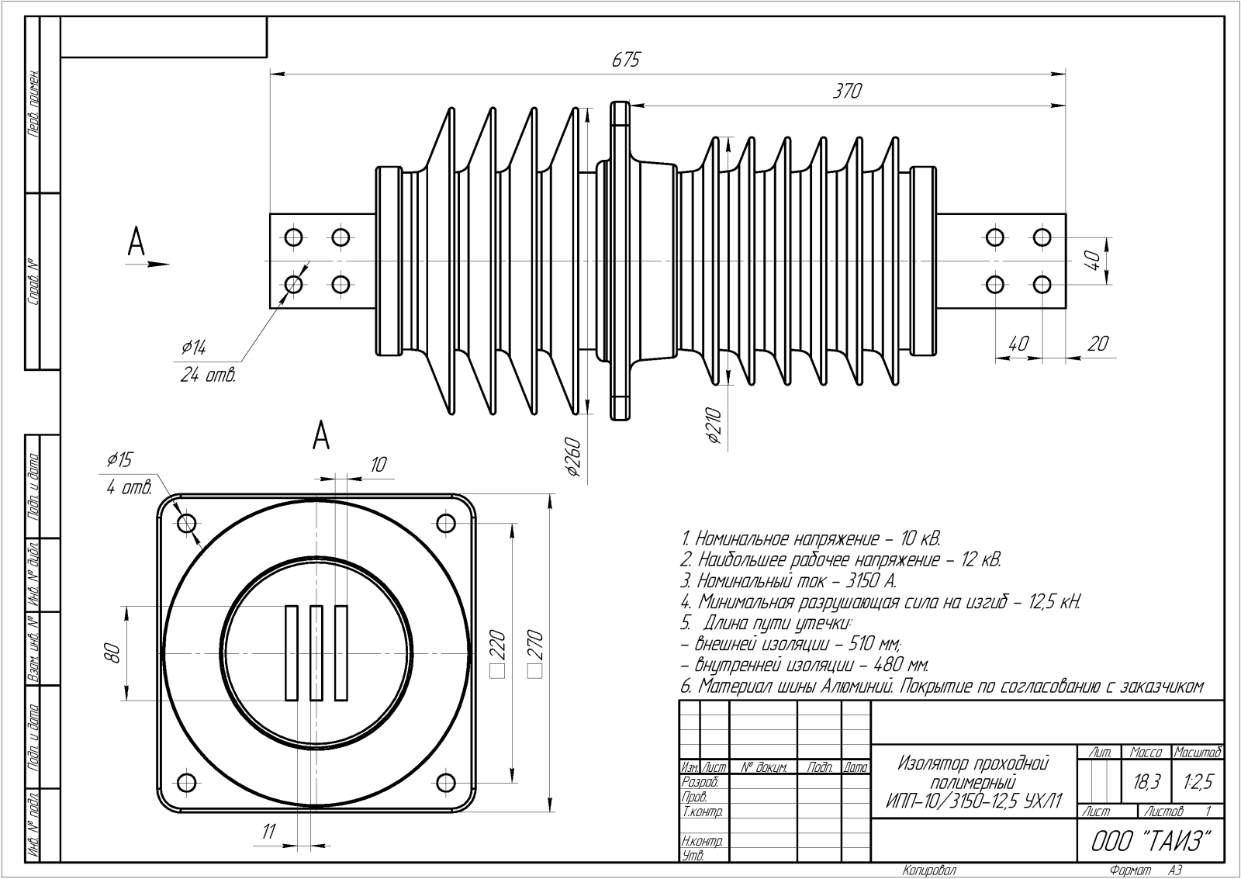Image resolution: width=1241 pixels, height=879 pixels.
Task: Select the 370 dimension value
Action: click(x=847, y=91)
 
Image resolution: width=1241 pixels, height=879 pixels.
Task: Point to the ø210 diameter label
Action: click(x=715, y=425)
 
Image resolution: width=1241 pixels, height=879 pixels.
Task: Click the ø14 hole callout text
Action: click(x=194, y=348)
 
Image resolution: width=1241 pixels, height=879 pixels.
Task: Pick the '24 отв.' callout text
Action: click(x=207, y=375)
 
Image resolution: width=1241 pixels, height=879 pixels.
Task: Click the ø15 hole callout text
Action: click(x=119, y=460)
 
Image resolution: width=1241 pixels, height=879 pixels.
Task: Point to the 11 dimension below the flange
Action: click(x=268, y=832)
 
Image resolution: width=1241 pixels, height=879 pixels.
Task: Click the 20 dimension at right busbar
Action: click(x=1098, y=343)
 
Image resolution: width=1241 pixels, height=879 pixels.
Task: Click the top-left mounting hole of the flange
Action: click(x=186, y=524)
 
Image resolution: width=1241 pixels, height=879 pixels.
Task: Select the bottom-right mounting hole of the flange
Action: click(x=445, y=780)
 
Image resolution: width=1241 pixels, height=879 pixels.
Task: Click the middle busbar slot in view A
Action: click(x=316, y=652)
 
